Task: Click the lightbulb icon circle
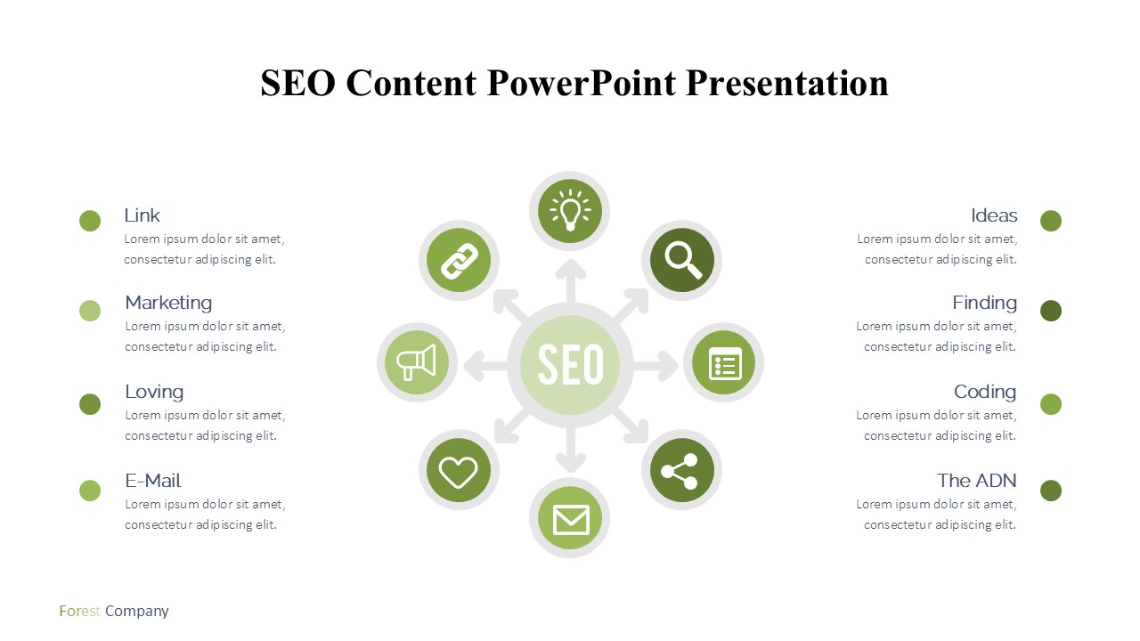coord(569,211)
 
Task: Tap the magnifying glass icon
coord(682,260)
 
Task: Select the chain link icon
coord(459,261)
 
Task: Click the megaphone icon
coord(416,362)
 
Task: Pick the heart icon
coord(458,472)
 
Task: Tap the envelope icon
coord(571,519)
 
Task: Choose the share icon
coord(680,471)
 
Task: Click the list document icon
coord(725,364)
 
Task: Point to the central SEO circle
coord(570,364)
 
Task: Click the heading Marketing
coord(168,303)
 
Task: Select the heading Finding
coord(984,303)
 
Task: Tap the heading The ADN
coord(977,481)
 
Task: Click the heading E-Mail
coord(152,481)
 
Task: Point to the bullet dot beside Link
coord(90,221)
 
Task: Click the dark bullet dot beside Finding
coord(1051,311)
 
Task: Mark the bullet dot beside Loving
coord(90,404)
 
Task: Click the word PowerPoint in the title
coord(581,83)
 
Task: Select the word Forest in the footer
coord(79,611)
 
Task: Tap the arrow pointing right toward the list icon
coord(655,365)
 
